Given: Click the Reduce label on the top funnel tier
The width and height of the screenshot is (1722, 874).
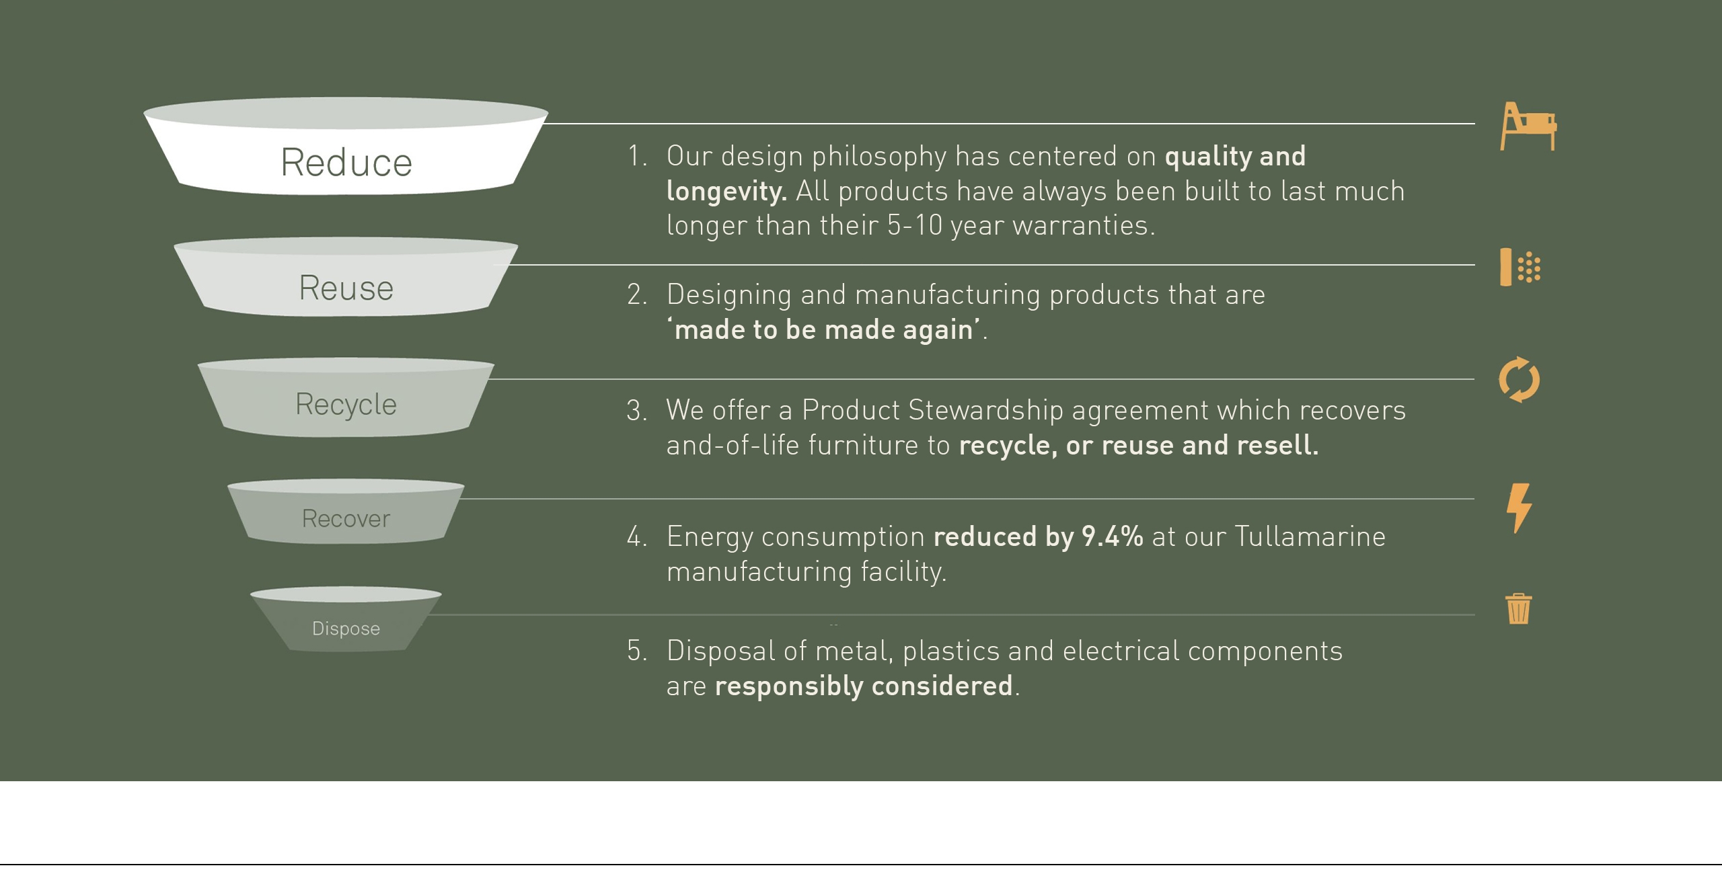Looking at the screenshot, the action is (x=346, y=163).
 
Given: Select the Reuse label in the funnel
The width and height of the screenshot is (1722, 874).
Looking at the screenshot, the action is (x=346, y=288).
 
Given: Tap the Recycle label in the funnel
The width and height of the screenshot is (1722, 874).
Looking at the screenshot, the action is (x=346, y=405).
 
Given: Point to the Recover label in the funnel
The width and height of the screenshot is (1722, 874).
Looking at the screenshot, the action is (x=346, y=518).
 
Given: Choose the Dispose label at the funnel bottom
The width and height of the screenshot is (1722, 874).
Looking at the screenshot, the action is (x=346, y=629).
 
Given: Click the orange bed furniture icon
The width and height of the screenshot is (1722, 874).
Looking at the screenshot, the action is (x=1528, y=126).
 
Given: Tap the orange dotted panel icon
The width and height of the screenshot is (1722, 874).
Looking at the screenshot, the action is (x=1520, y=267).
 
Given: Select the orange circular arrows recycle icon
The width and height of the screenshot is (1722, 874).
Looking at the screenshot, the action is (x=1520, y=380).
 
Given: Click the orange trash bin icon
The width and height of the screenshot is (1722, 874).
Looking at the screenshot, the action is (x=1519, y=609).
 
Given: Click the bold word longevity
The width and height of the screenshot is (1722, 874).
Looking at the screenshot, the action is (x=726, y=192).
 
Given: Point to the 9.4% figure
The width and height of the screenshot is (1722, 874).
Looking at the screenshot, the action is (x=1112, y=537).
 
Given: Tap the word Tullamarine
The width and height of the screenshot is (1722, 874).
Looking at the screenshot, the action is (x=1310, y=537).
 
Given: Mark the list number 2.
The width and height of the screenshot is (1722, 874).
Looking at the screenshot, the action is (x=636, y=295).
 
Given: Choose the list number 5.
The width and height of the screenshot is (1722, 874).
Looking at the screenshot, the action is (x=636, y=651).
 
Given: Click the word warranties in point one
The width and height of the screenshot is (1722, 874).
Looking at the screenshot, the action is (x=1084, y=226).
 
